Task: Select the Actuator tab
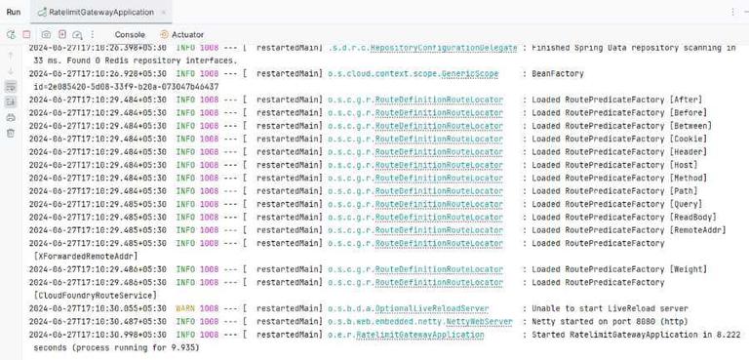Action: tap(187, 34)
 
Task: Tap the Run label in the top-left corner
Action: tap(14, 11)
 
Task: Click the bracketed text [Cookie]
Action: tap(694, 139)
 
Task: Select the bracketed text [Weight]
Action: tap(694, 268)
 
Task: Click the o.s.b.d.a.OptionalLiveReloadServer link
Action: tap(409, 306)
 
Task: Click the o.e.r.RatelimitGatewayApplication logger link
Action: tap(406, 334)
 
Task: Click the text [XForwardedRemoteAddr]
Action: tap(88, 256)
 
